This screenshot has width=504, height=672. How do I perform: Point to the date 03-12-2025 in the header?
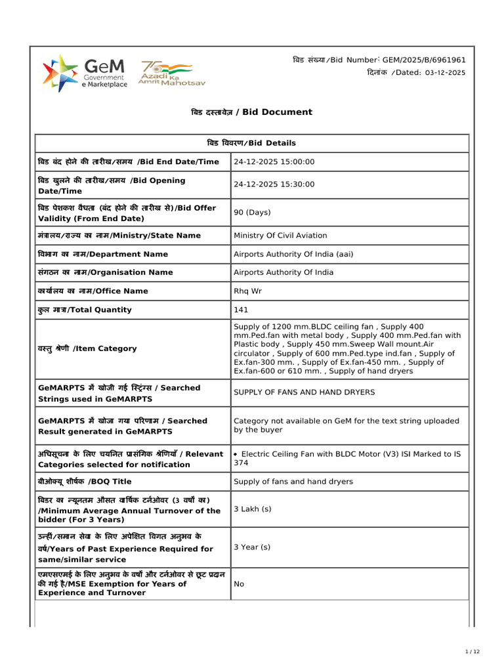tap(444, 73)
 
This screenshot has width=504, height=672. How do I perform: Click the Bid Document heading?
tap(251, 112)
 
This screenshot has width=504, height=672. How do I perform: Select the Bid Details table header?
tap(251, 143)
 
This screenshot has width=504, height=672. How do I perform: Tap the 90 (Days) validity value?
tap(252, 213)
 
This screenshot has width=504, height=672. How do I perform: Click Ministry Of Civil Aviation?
tap(280, 236)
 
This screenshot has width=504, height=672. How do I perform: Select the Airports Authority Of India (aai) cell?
tap(293, 254)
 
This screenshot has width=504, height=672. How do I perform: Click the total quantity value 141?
tap(241, 310)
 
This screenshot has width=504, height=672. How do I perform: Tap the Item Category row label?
tap(87, 348)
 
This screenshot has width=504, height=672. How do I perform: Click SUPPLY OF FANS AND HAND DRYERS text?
tap(304, 392)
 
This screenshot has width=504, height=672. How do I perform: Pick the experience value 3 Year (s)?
tap(252, 547)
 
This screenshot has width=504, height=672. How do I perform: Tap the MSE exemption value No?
tap(239, 583)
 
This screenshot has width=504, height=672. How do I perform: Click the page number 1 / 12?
tap(472, 651)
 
